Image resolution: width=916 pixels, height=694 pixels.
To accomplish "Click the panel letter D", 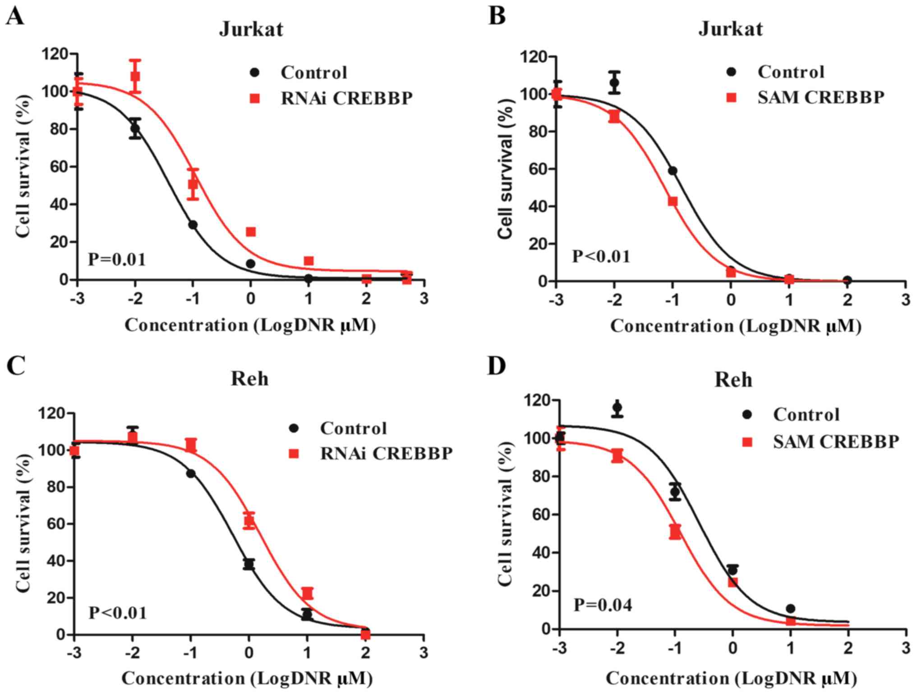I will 497,367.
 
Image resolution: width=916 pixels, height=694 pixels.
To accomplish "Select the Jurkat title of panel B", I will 731,29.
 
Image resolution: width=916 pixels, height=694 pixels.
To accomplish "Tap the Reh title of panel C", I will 249,379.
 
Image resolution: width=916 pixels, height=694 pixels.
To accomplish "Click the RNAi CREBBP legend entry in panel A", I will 346,98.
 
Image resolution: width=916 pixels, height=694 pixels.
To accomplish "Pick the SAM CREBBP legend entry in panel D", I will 836,442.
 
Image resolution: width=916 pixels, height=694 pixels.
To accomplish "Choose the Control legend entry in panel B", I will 791,72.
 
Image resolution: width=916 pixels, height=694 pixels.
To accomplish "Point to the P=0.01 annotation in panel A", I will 117,260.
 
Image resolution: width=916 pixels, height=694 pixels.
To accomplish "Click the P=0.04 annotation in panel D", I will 603,604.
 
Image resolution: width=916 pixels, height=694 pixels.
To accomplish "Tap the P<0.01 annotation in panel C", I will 117,613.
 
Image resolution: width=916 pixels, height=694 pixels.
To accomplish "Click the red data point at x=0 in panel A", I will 251,232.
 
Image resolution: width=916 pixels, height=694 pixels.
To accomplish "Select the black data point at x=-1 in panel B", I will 672,171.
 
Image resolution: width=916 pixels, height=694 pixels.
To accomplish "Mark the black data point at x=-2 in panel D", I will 617,408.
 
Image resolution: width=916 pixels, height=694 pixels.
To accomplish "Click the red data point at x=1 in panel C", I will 307,593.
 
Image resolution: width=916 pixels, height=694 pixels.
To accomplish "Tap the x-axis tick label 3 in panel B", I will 906,300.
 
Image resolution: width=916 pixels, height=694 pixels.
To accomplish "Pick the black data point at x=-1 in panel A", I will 193,225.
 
